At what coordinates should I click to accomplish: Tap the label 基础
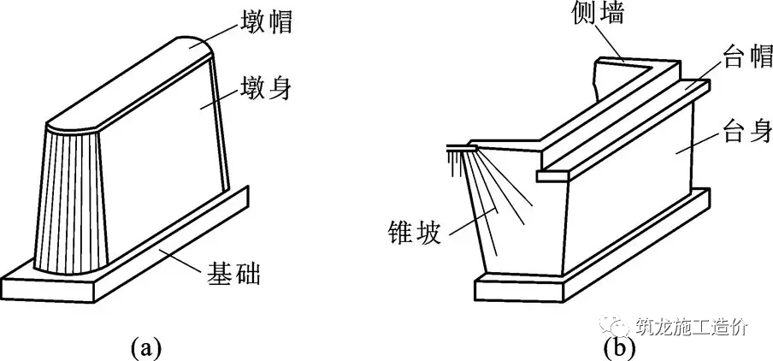[x=230, y=275]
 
